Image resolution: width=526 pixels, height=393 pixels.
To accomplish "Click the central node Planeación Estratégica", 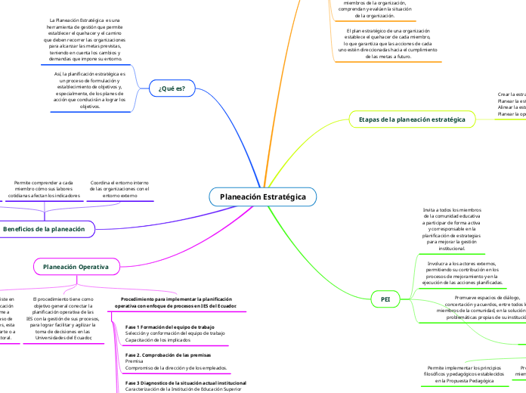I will pyautogui.click(x=262, y=196).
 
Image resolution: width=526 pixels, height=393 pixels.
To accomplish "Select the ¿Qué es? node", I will pyautogui.click(x=172, y=88).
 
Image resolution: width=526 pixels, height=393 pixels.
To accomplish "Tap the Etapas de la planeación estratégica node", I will pyautogui.click(x=412, y=119).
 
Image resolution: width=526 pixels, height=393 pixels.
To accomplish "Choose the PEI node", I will pyautogui.click(x=385, y=300).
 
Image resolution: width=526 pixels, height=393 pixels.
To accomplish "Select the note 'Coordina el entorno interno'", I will pyautogui.click(x=119, y=189).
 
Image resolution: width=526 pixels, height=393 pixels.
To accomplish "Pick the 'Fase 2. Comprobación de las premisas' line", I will pyautogui.click(x=168, y=354).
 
